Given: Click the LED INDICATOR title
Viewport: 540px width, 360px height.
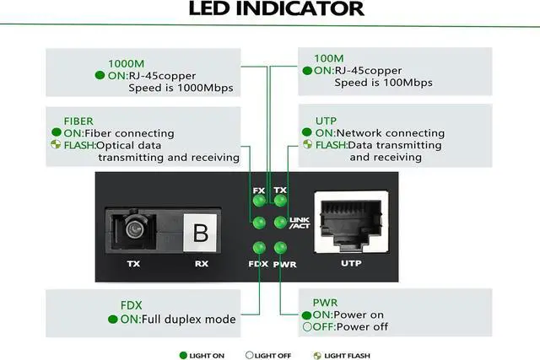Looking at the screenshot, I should (276, 10).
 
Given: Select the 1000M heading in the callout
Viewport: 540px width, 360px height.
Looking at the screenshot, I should (126, 62).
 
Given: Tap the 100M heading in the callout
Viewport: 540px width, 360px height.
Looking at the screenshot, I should (329, 59).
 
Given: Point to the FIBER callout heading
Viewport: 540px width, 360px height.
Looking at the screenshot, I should (79, 121).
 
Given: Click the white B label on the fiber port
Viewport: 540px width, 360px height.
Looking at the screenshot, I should (200, 233).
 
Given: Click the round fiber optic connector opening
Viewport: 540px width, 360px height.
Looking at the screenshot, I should (132, 228).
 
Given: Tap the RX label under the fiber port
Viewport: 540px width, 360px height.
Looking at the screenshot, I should (201, 264).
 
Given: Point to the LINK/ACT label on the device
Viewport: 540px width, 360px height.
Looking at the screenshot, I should (300, 223).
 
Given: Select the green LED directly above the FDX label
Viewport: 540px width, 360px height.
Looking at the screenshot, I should (259, 248).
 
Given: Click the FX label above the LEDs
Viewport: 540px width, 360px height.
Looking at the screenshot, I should (259, 190).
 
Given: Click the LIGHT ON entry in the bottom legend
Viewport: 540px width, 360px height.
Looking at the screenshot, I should (202, 356).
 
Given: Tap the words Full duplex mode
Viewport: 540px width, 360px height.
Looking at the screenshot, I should (190, 320).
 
